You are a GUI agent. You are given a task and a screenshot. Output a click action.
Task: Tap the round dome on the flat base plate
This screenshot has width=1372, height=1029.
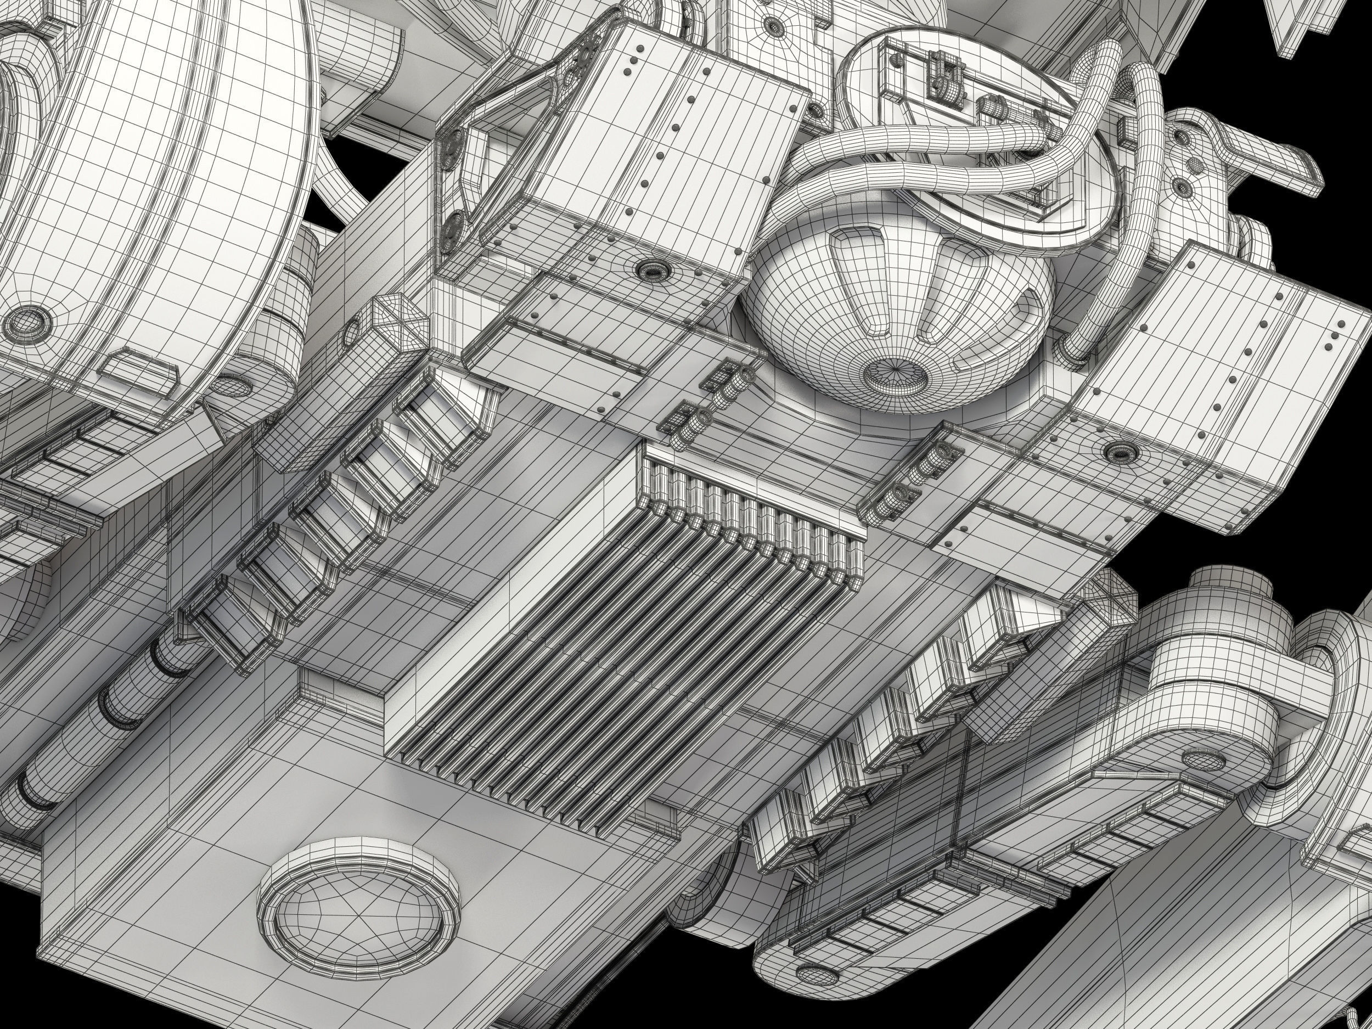pyautogui.click(x=359, y=915)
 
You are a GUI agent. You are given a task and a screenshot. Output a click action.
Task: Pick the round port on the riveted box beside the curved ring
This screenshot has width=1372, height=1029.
pyautogui.click(x=650, y=268)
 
